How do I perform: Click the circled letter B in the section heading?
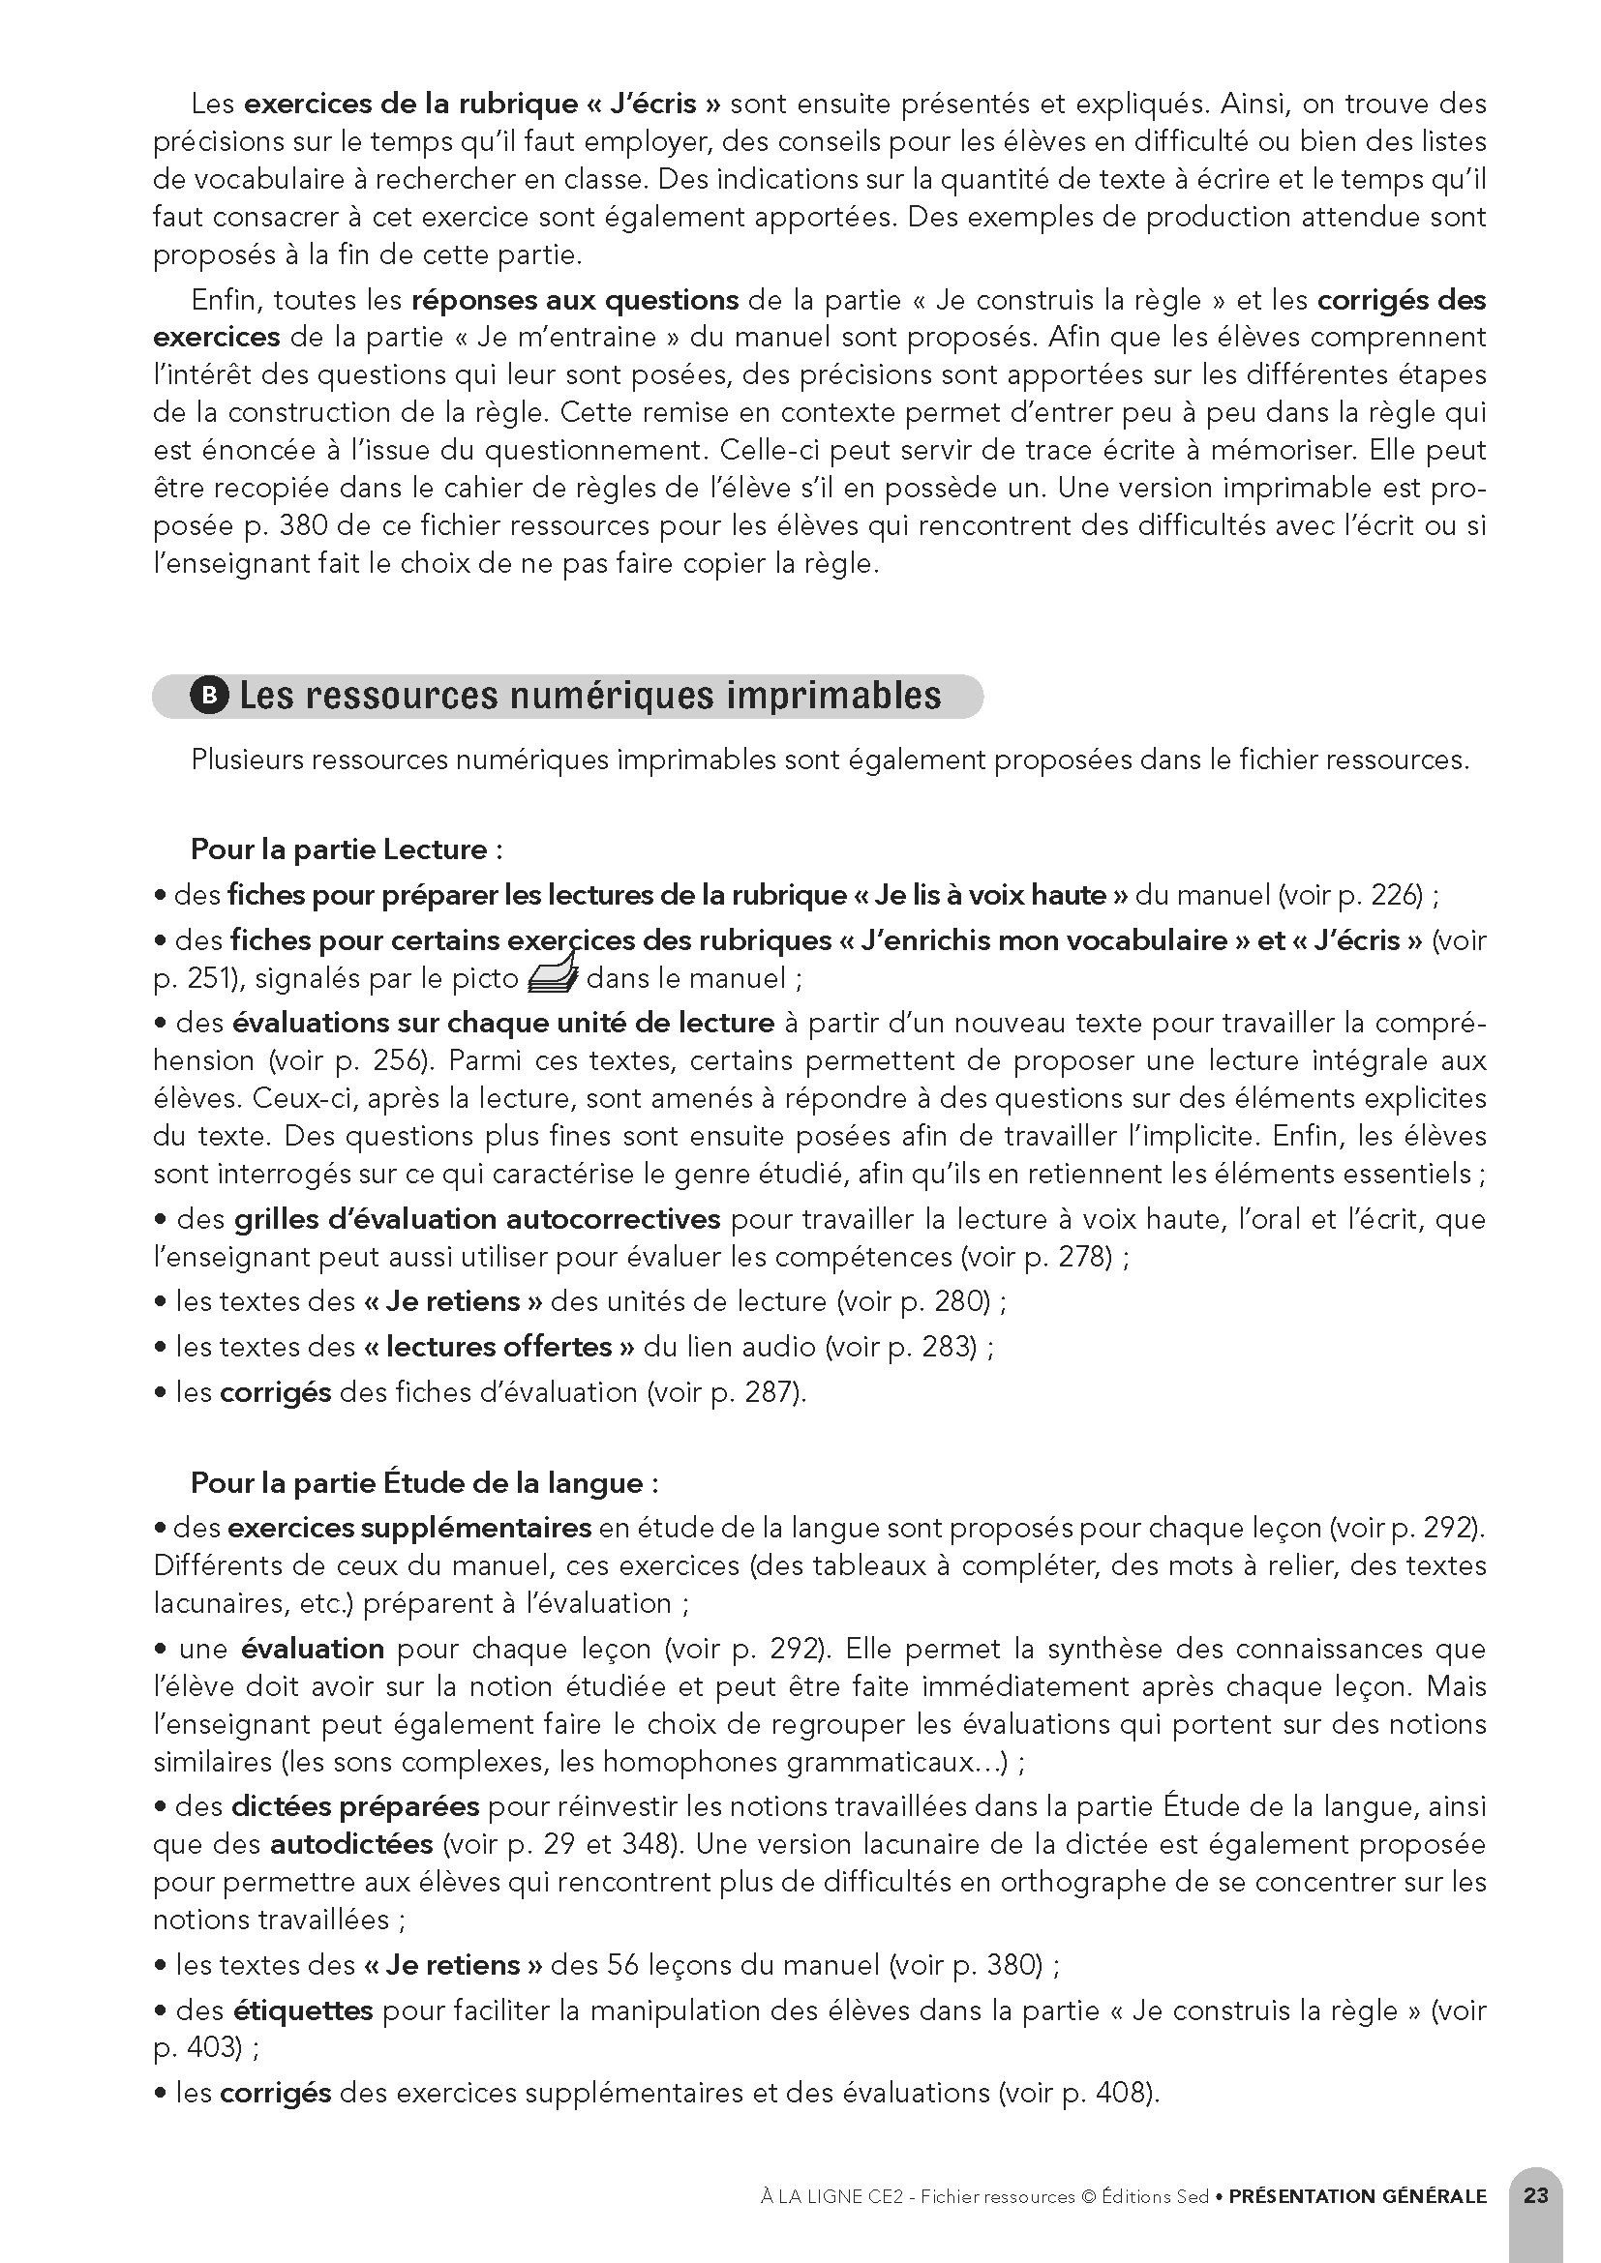(208, 696)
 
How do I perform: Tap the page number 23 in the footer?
(1535, 2195)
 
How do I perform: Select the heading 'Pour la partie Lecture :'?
(347, 849)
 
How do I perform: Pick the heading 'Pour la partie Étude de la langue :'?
(424, 1482)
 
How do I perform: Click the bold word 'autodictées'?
(352, 1843)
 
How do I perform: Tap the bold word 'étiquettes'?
(304, 2010)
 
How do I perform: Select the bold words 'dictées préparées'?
(355, 1805)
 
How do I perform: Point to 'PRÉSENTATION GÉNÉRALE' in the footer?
(1357, 2196)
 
